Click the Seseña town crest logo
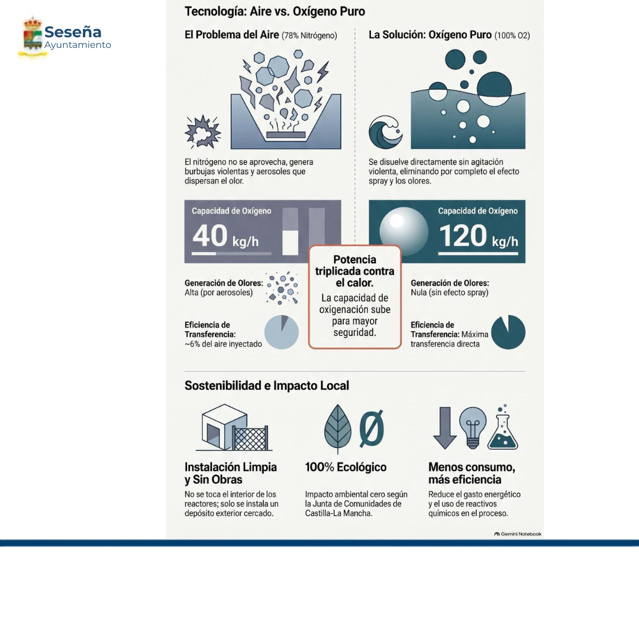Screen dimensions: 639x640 click(33, 37)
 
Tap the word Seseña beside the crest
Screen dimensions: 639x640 click(73, 32)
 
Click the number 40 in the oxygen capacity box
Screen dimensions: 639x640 click(210, 235)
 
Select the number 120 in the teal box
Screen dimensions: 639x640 click(463, 236)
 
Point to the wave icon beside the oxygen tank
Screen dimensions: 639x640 click(385, 132)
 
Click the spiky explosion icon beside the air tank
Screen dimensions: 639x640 click(202, 131)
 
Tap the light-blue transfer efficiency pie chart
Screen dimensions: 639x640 click(281, 332)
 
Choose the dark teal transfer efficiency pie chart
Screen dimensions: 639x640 click(508, 332)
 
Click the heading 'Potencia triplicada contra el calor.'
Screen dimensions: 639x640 click(354, 271)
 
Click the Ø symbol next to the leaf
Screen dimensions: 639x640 click(372, 428)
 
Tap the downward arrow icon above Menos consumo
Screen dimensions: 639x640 click(444, 427)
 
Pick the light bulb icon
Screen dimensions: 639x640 click(473, 427)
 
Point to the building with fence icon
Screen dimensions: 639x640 click(234, 427)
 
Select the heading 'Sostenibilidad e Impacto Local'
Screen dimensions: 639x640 click(267, 386)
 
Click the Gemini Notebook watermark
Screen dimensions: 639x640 click(518, 534)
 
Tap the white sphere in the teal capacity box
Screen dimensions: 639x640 click(404, 231)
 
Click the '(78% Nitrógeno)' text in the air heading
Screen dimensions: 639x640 click(309, 35)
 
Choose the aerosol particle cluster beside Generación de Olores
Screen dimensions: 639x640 click(282, 287)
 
